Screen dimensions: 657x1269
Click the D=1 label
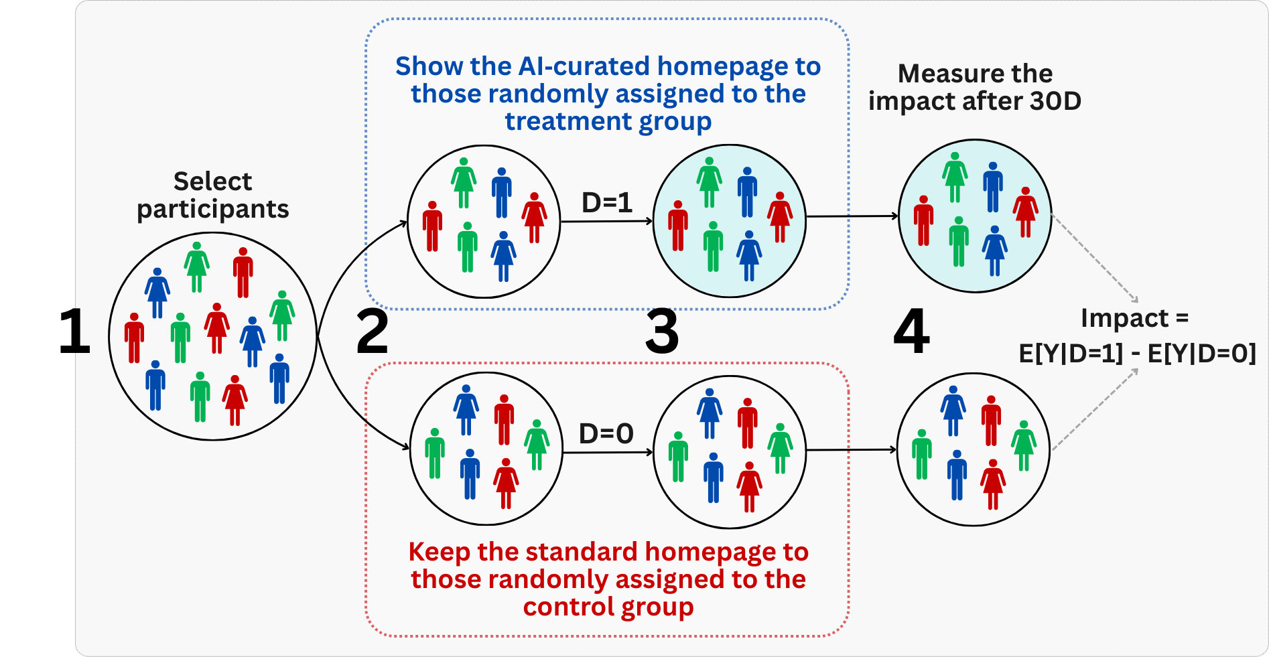606,202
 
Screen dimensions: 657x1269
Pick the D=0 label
606,434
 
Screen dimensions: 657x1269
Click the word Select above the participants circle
212,181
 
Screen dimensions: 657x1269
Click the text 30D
1055,101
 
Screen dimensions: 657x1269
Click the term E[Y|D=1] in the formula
1071,353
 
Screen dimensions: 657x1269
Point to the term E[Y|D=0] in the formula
1202,353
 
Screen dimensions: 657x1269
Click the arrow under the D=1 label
606,221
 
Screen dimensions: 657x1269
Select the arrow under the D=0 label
607,453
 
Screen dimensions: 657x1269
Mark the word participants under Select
212,210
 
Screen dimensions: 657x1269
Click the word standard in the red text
581,553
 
